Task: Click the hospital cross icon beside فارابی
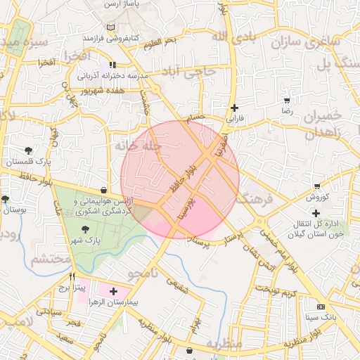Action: tap(234, 108)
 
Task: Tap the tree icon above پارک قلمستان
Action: tap(27, 150)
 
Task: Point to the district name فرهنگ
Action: tap(255, 199)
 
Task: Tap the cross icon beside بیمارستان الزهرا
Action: tap(113, 290)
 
